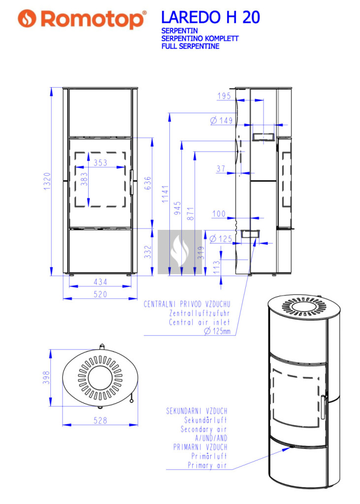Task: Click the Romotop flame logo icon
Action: (28, 18)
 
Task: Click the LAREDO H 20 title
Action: (210, 17)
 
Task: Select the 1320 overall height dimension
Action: (47, 181)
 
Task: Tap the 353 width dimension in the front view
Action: (100, 162)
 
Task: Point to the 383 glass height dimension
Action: (84, 179)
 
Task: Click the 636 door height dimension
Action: (148, 183)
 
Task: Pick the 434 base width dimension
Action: (100, 282)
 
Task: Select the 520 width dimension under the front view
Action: (100, 294)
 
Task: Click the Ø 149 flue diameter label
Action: (221, 121)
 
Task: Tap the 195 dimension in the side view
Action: (224, 96)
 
